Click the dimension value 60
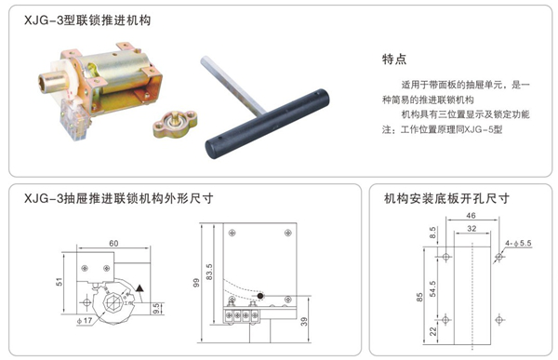point(113,243)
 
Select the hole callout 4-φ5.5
point(518,242)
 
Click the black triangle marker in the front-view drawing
point(139,291)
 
